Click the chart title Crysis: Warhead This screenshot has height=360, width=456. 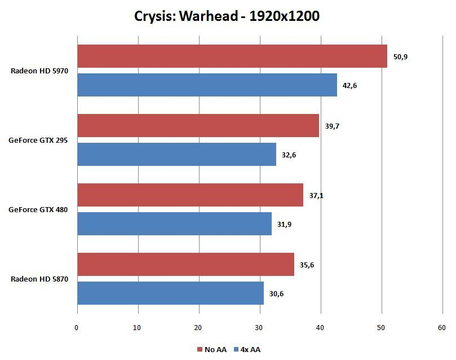tap(227, 16)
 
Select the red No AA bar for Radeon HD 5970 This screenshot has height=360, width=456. tap(232, 56)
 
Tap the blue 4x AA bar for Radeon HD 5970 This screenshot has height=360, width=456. tap(207, 85)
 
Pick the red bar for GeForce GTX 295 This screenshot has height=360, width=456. tap(198, 125)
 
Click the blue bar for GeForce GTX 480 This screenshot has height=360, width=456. tap(174, 223)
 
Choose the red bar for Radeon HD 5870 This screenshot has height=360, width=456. tap(185, 265)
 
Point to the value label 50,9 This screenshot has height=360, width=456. tap(401, 56)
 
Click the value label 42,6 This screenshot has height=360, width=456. tap(351, 85)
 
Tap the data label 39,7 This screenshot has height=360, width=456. tap(333, 126)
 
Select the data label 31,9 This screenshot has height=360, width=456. tap(285, 224)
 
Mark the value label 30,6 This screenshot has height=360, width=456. tap(277, 293)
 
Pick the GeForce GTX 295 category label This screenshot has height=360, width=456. tap(38, 141)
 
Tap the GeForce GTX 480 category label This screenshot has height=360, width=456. tap(38, 210)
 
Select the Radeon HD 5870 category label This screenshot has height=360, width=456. tap(39, 279)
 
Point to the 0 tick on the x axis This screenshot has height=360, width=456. tap(77, 327)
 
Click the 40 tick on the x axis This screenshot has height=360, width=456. tap(320, 327)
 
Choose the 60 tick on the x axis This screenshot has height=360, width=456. tap(442, 327)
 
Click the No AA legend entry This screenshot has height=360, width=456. tap(212, 350)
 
